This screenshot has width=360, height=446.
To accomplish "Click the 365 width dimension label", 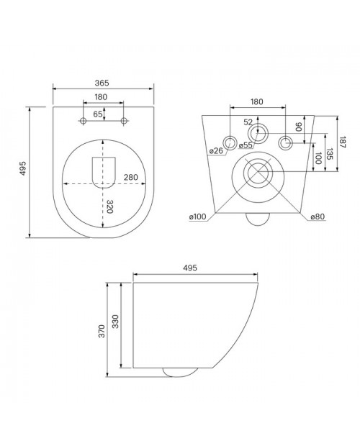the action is (102, 83).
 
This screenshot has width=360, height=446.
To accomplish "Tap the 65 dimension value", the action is (98, 114).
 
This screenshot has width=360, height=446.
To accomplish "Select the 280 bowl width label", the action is (130, 177).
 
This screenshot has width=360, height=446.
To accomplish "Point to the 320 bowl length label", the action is (110, 206).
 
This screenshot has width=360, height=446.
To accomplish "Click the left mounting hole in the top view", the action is (83, 121).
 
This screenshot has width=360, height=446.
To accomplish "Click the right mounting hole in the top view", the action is (124, 121).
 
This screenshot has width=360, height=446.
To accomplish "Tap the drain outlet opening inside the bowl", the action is (104, 173).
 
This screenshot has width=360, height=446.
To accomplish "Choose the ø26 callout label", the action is (216, 150).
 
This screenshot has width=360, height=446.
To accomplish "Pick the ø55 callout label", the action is (246, 145).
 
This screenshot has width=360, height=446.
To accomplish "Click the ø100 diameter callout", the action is (197, 217).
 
